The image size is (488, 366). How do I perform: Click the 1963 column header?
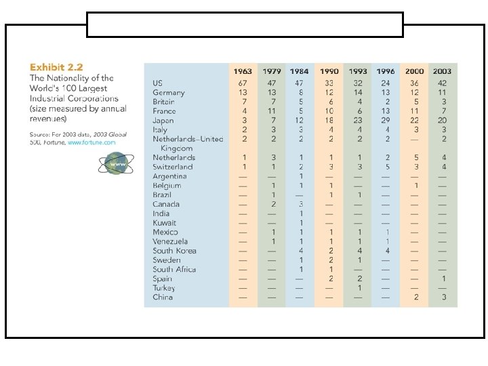pyautogui.click(x=243, y=71)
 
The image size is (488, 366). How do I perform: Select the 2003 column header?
pyautogui.click(x=443, y=71)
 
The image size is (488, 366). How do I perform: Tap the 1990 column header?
pyautogui.click(x=329, y=71)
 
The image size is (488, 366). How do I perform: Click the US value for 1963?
pyautogui.click(x=243, y=83)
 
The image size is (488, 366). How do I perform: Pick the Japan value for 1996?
pyautogui.click(x=386, y=120)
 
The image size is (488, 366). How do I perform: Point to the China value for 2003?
pyautogui.click(x=443, y=297)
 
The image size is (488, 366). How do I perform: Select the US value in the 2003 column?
pyautogui.click(x=443, y=83)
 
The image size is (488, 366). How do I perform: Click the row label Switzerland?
pyautogui.click(x=173, y=167)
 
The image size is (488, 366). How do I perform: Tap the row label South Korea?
pyautogui.click(x=175, y=251)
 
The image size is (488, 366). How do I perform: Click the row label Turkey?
pyautogui.click(x=163, y=287)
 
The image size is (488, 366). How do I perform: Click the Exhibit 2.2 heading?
pyautogui.click(x=56, y=67)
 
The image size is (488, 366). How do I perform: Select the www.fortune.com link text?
pyautogui.click(x=91, y=143)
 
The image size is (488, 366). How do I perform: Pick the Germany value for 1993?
pyautogui.click(x=358, y=92)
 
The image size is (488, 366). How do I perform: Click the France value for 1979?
pyautogui.click(x=272, y=110)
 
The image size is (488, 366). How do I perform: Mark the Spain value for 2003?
pyautogui.click(x=443, y=279)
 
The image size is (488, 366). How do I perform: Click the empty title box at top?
pyautogui.click(x=245, y=24)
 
